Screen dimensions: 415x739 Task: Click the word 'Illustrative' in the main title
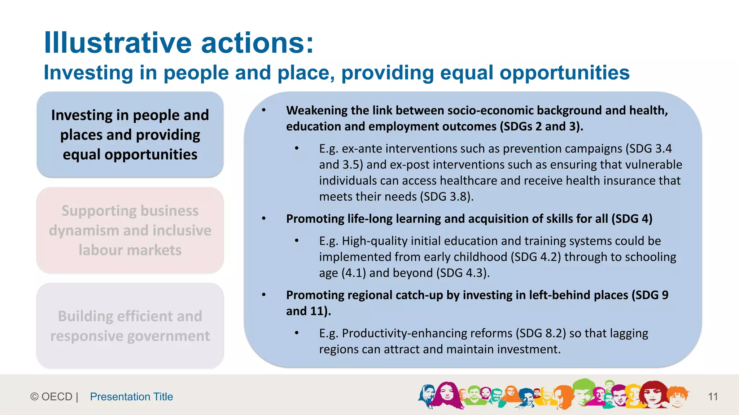point(118,43)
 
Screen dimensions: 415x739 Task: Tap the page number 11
point(713,397)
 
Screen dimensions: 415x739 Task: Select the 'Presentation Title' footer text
point(131,397)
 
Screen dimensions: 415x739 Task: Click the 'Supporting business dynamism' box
point(130,230)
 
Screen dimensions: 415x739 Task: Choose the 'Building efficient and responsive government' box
point(130,326)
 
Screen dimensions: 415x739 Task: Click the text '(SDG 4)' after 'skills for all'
point(632,219)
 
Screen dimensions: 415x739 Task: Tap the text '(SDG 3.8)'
point(445,197)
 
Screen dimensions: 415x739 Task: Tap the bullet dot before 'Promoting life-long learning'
point(264,218)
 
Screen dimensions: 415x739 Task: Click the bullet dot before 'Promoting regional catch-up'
point(264,295)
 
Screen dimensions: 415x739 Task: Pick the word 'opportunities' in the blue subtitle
point(564,73)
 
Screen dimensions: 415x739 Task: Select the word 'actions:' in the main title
point(257,43)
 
